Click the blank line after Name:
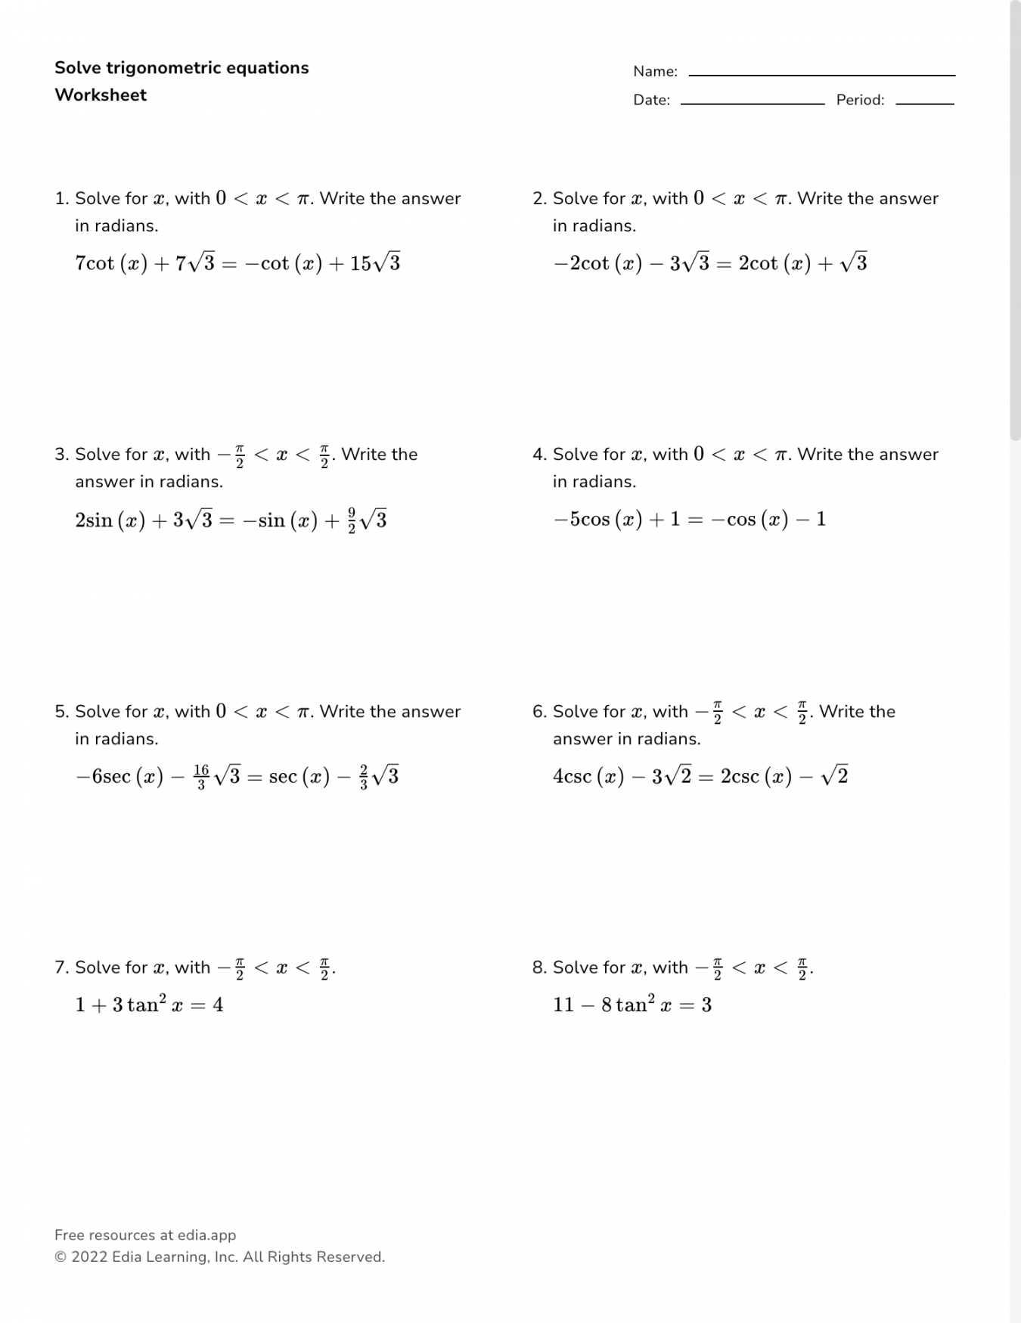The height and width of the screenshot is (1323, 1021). tap(821, 74)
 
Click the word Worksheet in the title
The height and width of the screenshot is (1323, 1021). tap(101, 95)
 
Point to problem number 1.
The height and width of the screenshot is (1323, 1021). tap(61, 199)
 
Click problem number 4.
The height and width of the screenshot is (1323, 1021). tap(539, 455)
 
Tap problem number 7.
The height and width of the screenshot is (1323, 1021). tap(61, 967)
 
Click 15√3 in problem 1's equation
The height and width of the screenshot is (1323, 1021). tap(375, 263)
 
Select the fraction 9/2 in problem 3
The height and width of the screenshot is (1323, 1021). tap(352, 520)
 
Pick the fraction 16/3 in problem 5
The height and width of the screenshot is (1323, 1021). tap(201, 777)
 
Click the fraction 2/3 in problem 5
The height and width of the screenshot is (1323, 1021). tap(364, 777)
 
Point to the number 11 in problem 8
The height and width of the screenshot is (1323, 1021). tap(563, 1005)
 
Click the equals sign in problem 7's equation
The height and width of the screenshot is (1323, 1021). tap(198, 1006)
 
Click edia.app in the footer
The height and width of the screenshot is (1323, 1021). tap(206, 1235)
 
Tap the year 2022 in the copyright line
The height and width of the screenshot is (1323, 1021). tap(89, 1257)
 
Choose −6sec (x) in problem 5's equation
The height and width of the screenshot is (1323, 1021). tap(119, 777)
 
